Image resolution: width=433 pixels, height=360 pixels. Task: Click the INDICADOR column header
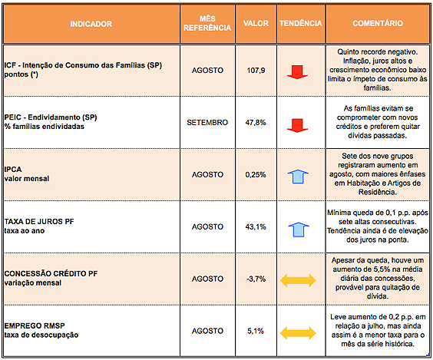pyautogui.click(x=91, y=24)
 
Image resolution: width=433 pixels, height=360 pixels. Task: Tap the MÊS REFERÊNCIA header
pyautogui.click(x=207, y=23)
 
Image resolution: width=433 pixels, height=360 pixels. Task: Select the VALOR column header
pyautogui.click(x=256, y=23)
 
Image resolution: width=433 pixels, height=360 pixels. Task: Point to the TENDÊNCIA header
pyautogui.click(x=301, y=23)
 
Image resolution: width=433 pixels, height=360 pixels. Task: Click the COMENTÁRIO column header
pyautogui.click(x=378, y=23)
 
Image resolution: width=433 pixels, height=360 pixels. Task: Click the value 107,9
pyautogui.click(x=256, y=71)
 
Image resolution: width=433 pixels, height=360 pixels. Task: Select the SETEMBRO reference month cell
pyautogui.click(x=207, y=122)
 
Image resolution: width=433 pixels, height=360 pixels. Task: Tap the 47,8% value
pyautogui.click(x=256, y=122)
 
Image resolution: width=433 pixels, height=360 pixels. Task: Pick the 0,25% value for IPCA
pyautogui.click(x=256, y=174)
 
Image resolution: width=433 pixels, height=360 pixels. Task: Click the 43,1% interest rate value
pyautogui.click(x=256, y=226)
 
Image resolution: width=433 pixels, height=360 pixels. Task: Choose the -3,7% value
pyautogui.click(x=256, y=279)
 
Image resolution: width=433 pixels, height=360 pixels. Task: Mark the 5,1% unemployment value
pyautogui.click(x=256, y=331)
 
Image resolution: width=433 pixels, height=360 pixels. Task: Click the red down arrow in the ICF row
pyautogui.click(x=297, y=72)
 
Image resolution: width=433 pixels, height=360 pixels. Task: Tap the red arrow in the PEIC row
pyautogui.click(x=297, y=126)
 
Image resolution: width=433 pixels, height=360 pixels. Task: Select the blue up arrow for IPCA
pyautogui.click(x=298, y=177)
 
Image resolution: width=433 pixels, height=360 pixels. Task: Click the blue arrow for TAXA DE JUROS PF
pyautogui.click(x=299, y=230)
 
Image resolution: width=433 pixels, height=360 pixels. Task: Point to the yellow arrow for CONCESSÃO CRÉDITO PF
pyautogui.click(x=298, y=280)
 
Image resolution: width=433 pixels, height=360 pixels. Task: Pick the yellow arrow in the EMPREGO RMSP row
pyautogui.click(x=298, y=333)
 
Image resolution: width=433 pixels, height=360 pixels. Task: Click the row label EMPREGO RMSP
pyautogui.click(x=35, y=325)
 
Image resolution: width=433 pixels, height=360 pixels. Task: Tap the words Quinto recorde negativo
pyautogui.click(x=378, y=52)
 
